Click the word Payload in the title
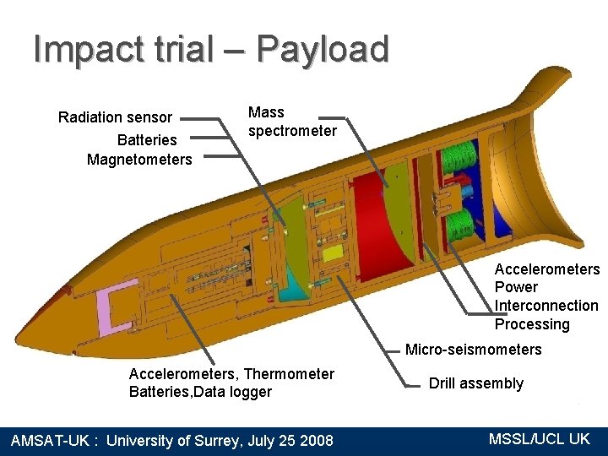click(x=323, y=50)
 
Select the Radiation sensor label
click(x=115, y=117)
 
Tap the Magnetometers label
click(x=139, y=160)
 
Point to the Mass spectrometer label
click(x=291, y=122)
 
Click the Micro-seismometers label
click(x=474, y=350)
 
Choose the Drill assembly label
click(x=475, y=383)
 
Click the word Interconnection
click(x=546, y=306)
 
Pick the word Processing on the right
click(x=532, y=324)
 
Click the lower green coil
click(x=461, y=224)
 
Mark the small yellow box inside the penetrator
click(x=333, y=253)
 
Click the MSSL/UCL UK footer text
click(x=540, y=439)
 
